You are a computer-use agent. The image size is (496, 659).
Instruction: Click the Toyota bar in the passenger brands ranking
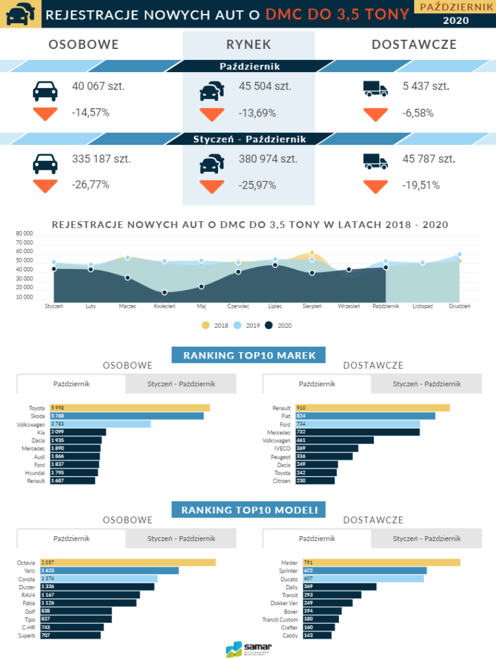[125, 407]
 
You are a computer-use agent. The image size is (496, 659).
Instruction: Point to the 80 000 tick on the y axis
[24, 234]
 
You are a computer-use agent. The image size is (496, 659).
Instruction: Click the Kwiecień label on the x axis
[165, 306]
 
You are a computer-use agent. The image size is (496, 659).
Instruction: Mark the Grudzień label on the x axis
[459, 306]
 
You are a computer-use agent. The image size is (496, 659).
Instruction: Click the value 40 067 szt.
[98, 86]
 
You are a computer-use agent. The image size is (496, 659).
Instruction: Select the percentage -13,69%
[257, 113]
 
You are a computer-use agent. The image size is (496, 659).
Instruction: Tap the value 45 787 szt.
[429, 159]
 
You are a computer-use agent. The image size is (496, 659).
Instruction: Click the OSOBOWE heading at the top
[84, 44]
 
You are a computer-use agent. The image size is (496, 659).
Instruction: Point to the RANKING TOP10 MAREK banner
[248, 355]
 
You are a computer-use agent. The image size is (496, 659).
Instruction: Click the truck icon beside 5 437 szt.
[376, 89]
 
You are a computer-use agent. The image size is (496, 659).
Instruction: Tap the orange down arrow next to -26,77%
[45, 186]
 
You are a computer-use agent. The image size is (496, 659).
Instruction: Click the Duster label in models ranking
[28, 586]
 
